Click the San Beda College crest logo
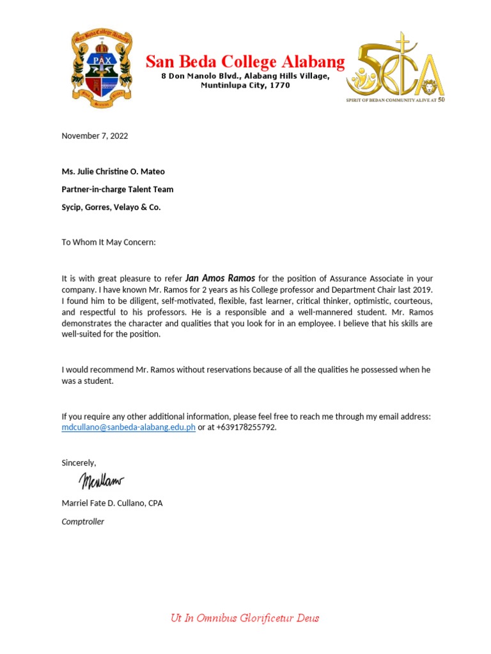[102, 69]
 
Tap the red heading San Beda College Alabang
[245, 62]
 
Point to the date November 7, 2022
[95, 135]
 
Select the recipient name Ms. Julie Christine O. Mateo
[113, 171]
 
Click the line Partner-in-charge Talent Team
[117, 189]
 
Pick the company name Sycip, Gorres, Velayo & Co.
[111, 208]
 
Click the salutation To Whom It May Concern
[108, 242]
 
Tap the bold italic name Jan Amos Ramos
[220, 278]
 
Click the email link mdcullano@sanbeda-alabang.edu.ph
[128, 427]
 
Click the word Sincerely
[79, 462]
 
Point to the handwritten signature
[101, 481]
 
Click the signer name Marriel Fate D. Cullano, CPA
[112, 503]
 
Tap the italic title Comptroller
[82, 521]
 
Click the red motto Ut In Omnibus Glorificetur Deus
[245, 618]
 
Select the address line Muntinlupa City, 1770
[245, 85]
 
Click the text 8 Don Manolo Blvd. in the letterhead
[192, 76]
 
